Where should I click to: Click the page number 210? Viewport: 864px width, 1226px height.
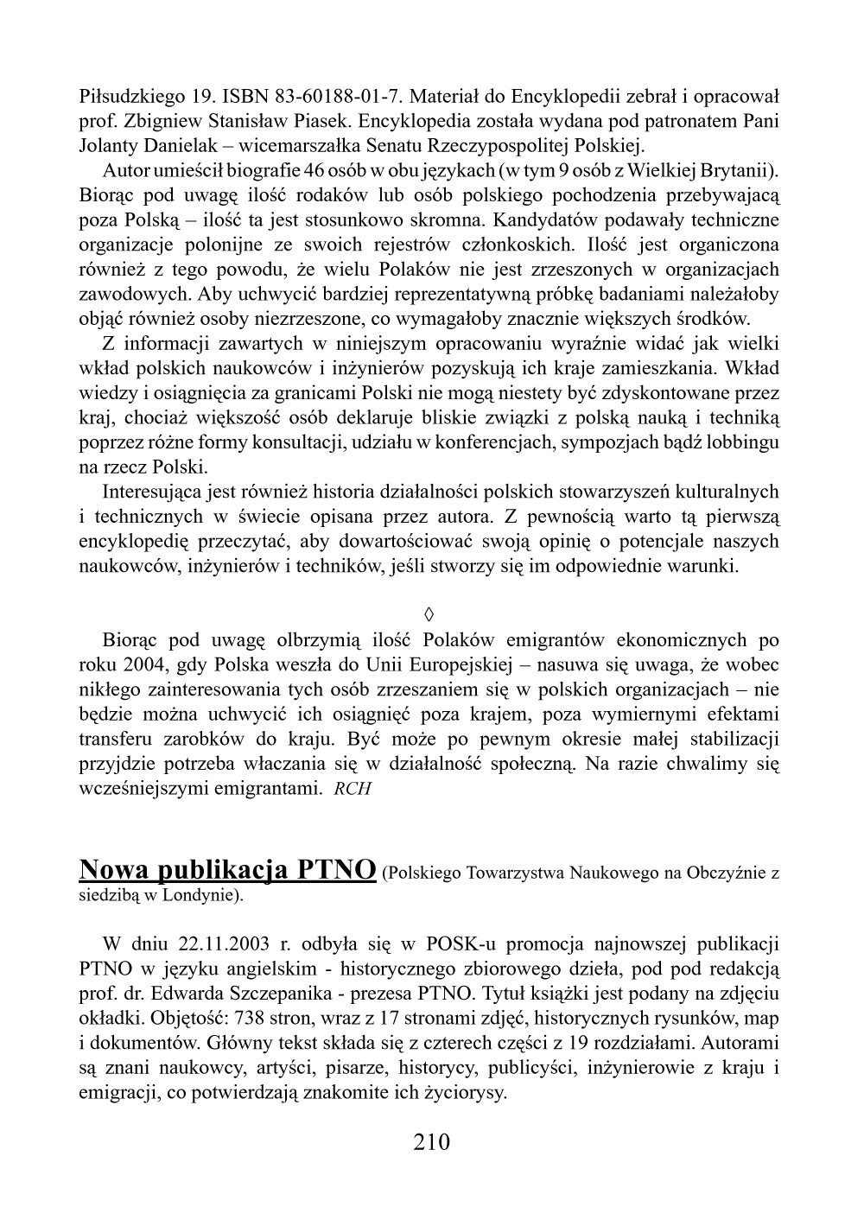432,1142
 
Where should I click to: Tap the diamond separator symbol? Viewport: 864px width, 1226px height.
429,614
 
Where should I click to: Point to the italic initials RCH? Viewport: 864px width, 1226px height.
353,790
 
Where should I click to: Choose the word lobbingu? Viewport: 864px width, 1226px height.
743,442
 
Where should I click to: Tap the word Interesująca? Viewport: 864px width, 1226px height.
154,492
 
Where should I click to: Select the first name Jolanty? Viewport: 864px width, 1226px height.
105,144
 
